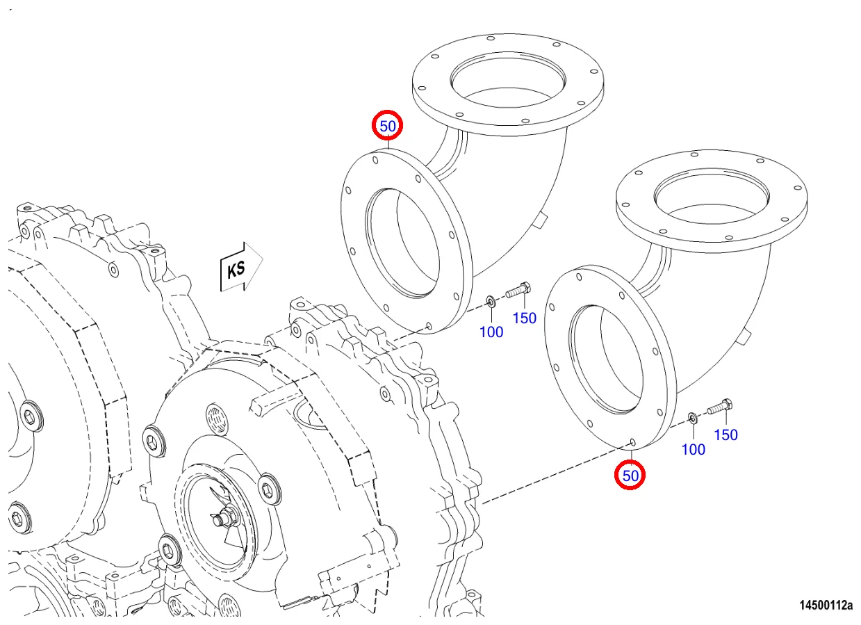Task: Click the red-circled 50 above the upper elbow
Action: click(x=387, y=127)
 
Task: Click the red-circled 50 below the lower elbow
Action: click(x=630, y=476)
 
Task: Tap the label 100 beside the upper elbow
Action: click(x=491, y=332)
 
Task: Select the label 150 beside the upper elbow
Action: click(x=525, y=318)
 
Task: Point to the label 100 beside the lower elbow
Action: click(x=693, y=449)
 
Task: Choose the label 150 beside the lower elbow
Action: click(x=725, y=435)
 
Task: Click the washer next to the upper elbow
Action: click(x=491, y=300)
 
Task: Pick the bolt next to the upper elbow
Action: click(x=518, y=291)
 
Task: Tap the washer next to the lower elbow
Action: click(x=693, y=417)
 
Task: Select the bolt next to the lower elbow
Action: click(x=719, y=407)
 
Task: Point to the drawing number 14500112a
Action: click(x=824, y=605)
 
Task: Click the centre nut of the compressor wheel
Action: click(x=224, y=517)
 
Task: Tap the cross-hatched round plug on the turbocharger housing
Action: click(x=216, y=420)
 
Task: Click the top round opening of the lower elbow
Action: click(x=711, y=190)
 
